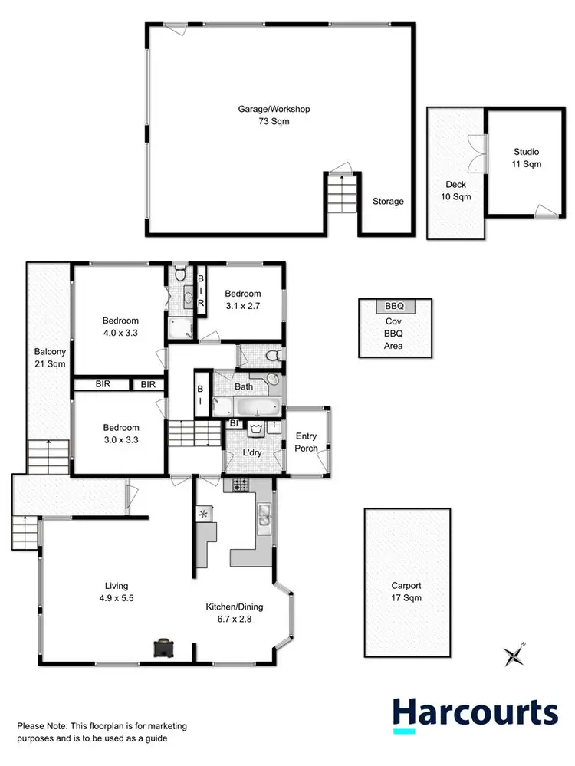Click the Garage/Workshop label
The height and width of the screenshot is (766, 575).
273,116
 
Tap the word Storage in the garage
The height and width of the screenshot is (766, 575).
388,202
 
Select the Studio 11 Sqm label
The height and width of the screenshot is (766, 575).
526,158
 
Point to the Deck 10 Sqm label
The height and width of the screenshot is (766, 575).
456,190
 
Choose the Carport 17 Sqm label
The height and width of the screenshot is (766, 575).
406,591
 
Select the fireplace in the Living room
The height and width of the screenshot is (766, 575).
163,649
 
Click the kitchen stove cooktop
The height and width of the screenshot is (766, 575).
237,485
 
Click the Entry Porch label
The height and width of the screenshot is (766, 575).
307,442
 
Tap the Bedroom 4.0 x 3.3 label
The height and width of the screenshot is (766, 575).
121,327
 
